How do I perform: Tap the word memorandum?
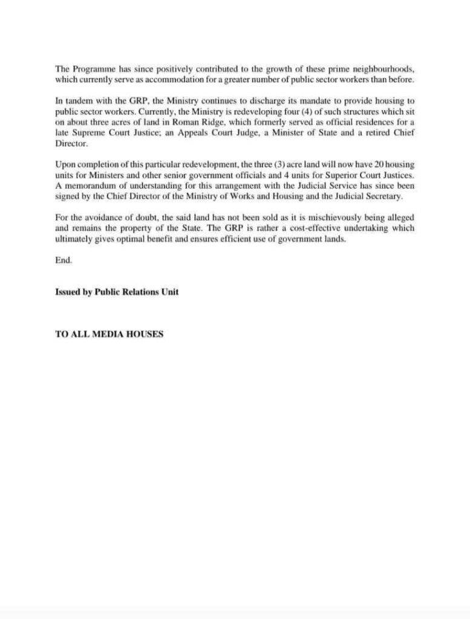click(x=88, y=186)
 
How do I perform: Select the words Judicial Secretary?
click(x=366, y=196)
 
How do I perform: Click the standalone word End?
click(x=63, y=260)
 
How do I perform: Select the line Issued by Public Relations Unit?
click(x=117, y=291)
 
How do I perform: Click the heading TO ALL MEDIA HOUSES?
click(x=109, y=334)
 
